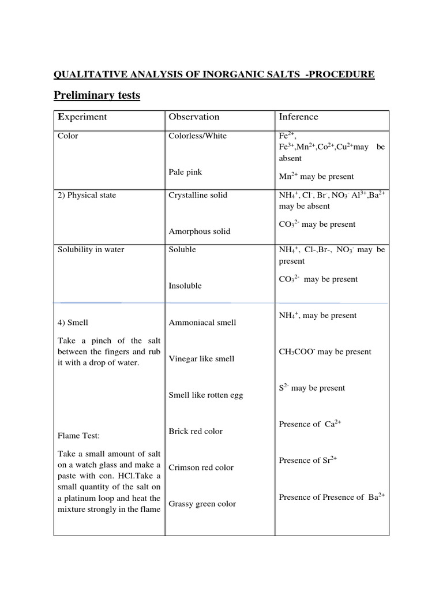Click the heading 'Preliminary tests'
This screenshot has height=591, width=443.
tap(97, 95)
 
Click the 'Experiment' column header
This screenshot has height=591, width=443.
tap(82, 117)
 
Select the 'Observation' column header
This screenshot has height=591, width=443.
tap(194, 117)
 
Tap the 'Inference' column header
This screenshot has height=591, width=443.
tap(298, 117)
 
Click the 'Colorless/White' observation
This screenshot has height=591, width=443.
tap(197, 136)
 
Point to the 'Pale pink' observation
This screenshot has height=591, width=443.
tap(185, 172)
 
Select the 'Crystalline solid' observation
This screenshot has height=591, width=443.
tap(198, 195)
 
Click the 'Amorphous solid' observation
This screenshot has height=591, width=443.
tap(199, 231)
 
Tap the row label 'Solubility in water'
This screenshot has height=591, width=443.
tap(91, 249)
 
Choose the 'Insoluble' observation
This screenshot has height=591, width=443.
tap(185, 286)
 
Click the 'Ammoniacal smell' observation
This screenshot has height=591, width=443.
tap(202, 323)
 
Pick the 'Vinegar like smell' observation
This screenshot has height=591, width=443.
tap(201, 359)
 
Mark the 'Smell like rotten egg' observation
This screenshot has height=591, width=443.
tap(205, 395)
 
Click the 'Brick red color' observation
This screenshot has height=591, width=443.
tap(195, 432)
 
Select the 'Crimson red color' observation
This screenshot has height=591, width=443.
tap(201, 467)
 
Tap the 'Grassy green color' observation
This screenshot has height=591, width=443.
tap(202, 504)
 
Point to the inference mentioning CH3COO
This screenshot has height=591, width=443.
tap(325, 352)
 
